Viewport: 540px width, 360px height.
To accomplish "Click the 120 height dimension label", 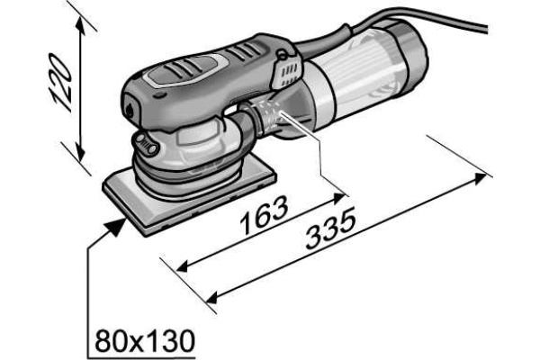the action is click(61, 82).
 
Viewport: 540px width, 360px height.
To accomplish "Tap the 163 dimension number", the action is click(264, 215).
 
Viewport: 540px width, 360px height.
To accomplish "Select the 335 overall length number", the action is click(330, 229).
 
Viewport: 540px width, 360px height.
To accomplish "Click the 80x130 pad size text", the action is click(145, 340).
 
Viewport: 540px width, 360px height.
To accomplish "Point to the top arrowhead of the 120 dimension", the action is click(81, 25).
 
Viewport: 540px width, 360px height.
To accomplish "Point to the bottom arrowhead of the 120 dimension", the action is click(80, 152).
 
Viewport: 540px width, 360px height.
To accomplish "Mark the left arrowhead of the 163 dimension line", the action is click(183, 266).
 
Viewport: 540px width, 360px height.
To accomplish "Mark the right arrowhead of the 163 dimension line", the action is click(339, 196).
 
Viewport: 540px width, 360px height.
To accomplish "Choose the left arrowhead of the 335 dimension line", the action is click(212, 297).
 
